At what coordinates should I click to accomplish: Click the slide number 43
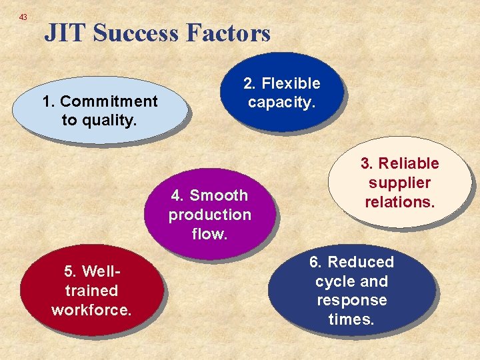tap(23, 17)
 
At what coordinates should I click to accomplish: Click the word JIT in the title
tap(65, 33)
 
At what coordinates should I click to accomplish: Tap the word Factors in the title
tap(230, 33)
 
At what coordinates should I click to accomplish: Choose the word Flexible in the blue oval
tap(291, 83)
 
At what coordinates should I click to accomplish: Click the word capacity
tap(281, 102)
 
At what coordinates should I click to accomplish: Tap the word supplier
tap(400, 183)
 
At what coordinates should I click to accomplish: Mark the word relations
tap(400, 201)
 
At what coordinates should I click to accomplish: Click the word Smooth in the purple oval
tap(219, 195)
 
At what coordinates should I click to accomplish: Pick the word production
tap(209, 215)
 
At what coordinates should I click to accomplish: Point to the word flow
tap(209, 233)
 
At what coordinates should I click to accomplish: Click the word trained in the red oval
tap(91, 291)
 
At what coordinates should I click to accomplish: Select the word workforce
tap(91, 310)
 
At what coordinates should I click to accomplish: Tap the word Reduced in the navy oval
tap(361, 262)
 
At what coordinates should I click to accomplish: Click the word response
tap(352, 300)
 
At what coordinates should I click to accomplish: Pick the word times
tap(352, 319)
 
